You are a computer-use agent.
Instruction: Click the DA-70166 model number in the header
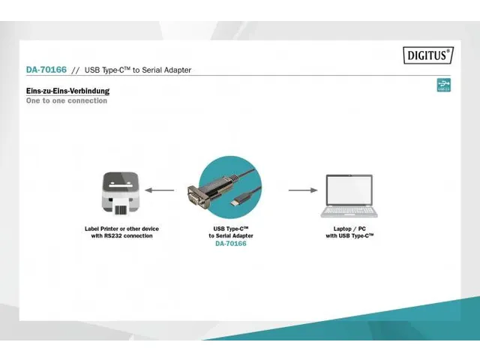pos(46,70)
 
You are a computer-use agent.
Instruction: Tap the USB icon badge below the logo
pos(443,85)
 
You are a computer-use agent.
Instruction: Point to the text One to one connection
pos(67,100)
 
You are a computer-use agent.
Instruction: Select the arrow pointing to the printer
pos(159,190)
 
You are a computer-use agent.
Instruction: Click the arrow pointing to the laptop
pos(303,190)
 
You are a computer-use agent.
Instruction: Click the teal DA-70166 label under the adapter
pos(230,244)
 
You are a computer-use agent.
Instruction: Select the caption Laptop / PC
pos(349,228)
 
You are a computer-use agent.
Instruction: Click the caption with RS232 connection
pos(121,235)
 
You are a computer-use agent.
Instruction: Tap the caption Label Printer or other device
pos(121,228)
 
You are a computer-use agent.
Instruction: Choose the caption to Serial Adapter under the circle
pos(230,235)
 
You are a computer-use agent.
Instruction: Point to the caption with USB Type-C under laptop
pos(349,235)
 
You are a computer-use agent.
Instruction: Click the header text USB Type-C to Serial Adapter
pos(137,70)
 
